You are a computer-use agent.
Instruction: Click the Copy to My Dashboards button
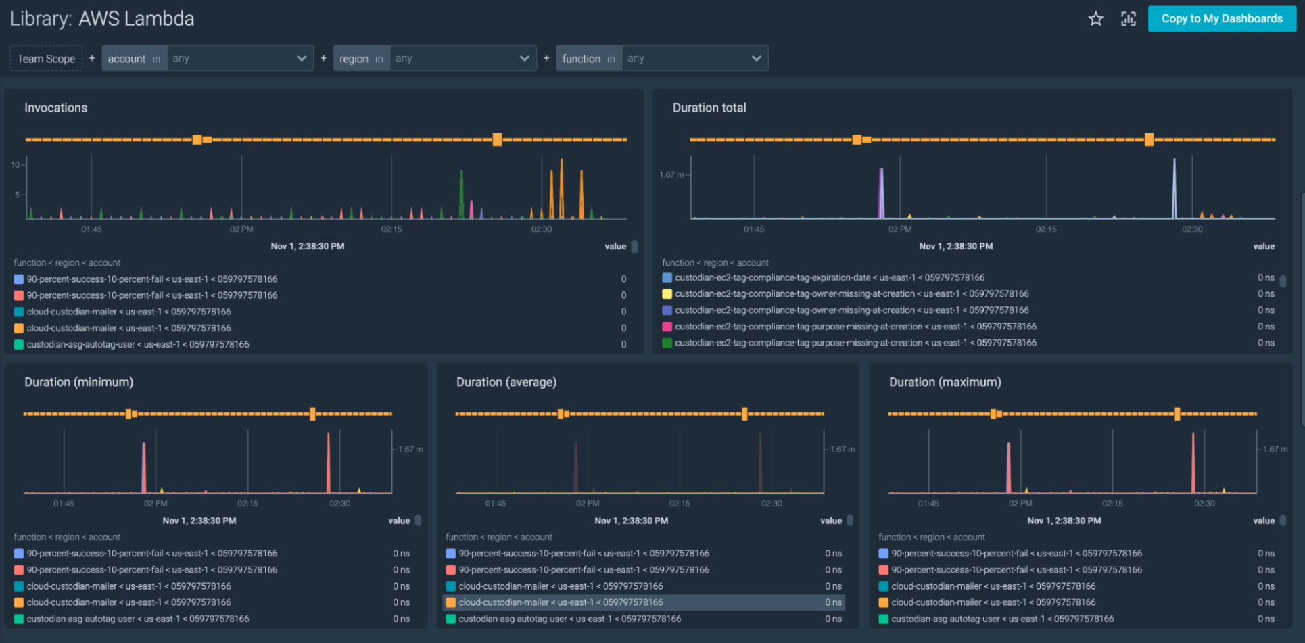[1221, 19]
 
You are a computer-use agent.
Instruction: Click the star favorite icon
[1095, 19]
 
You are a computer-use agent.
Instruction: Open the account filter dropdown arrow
[302, 59]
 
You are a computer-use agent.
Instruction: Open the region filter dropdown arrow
[524, 59]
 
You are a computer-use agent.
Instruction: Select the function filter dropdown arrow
[756, 59]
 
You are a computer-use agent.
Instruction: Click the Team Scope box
[46, 59]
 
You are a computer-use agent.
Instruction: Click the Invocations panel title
[56, 108]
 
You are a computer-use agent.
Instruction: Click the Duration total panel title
[709, 108]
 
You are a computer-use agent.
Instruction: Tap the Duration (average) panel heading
[506, 383]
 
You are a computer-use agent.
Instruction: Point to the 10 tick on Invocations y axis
[15, 165]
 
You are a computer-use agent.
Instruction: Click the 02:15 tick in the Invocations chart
[391, 229]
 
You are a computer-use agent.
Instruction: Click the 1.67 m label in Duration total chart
[671, 175]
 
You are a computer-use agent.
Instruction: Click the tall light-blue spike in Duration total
[1174, 189]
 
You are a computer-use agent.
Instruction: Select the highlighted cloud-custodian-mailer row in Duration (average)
[561, 602]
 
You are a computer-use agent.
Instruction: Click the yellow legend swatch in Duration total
[667, 294]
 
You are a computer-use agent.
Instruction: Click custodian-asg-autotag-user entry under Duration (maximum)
[1002, 619]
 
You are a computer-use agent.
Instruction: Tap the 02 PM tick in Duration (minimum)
[156, 504]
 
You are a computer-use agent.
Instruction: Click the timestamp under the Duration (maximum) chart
[1064, 521]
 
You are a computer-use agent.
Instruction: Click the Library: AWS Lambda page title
[102, 19]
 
